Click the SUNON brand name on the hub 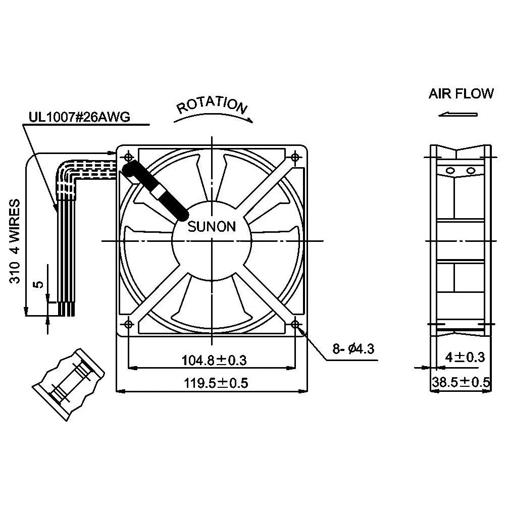(x=212, y=227)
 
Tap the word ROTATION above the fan (x=212, y=105)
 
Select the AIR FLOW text (x=461, y=94)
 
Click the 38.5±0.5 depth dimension (x=460, y=383)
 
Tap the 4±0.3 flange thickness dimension (x=465, y=358)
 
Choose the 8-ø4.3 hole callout (x=353, y=348)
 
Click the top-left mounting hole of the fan (x=128, y=157)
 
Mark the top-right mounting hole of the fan (x=296, y=157)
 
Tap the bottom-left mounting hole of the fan (x=128, y=324)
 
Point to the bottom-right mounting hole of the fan (x=296, y=324)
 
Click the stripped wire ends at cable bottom (x=66, y=309)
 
